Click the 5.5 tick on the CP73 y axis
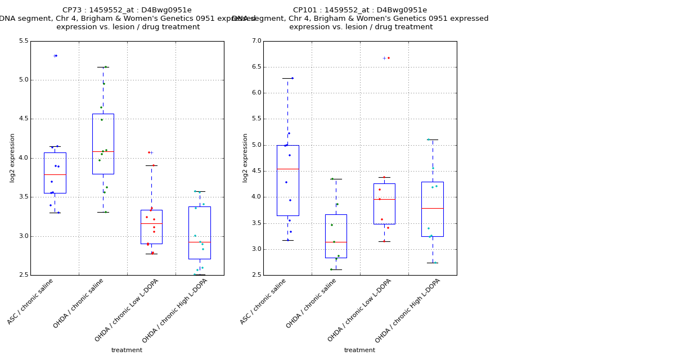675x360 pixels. pos(23,41)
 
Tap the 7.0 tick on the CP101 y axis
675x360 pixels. pos(256,41)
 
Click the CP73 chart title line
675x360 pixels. pos(127,10)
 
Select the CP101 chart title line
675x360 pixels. pos(359,10)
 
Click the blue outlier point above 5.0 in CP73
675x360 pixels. pos(56,56)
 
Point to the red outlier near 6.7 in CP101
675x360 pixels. pos(388,58)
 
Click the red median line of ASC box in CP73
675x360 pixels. pos(55,175)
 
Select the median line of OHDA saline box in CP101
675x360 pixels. pos(336,242)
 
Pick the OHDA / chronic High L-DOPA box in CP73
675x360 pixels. pos(200,225)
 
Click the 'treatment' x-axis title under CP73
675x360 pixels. pos(127,350)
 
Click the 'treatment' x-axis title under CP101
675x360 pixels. pos(359,350)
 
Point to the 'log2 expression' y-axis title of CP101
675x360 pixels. pos(245,158)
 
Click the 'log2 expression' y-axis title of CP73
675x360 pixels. pos(12,158)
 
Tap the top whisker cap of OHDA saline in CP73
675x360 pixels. pos(103,67)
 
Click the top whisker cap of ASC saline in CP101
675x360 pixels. pos(287,78)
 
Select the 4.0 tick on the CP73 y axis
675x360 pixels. pos(23,158)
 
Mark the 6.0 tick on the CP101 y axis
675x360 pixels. pos(256,93)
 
